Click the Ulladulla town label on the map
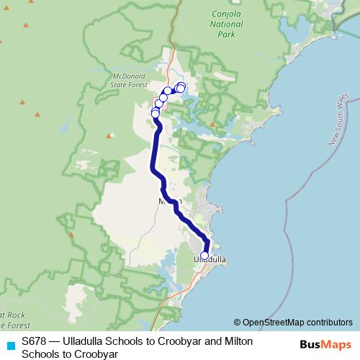click(x=211, y=257)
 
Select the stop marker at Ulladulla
click(x=204, y=256)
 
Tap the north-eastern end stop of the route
click(x=181, y=87)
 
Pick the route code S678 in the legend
click(x=35, y=341)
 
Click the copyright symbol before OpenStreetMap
click(x=238, y=322)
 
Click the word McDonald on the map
click(x=130, y=75)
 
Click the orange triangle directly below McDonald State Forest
click(x=109, y=135)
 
